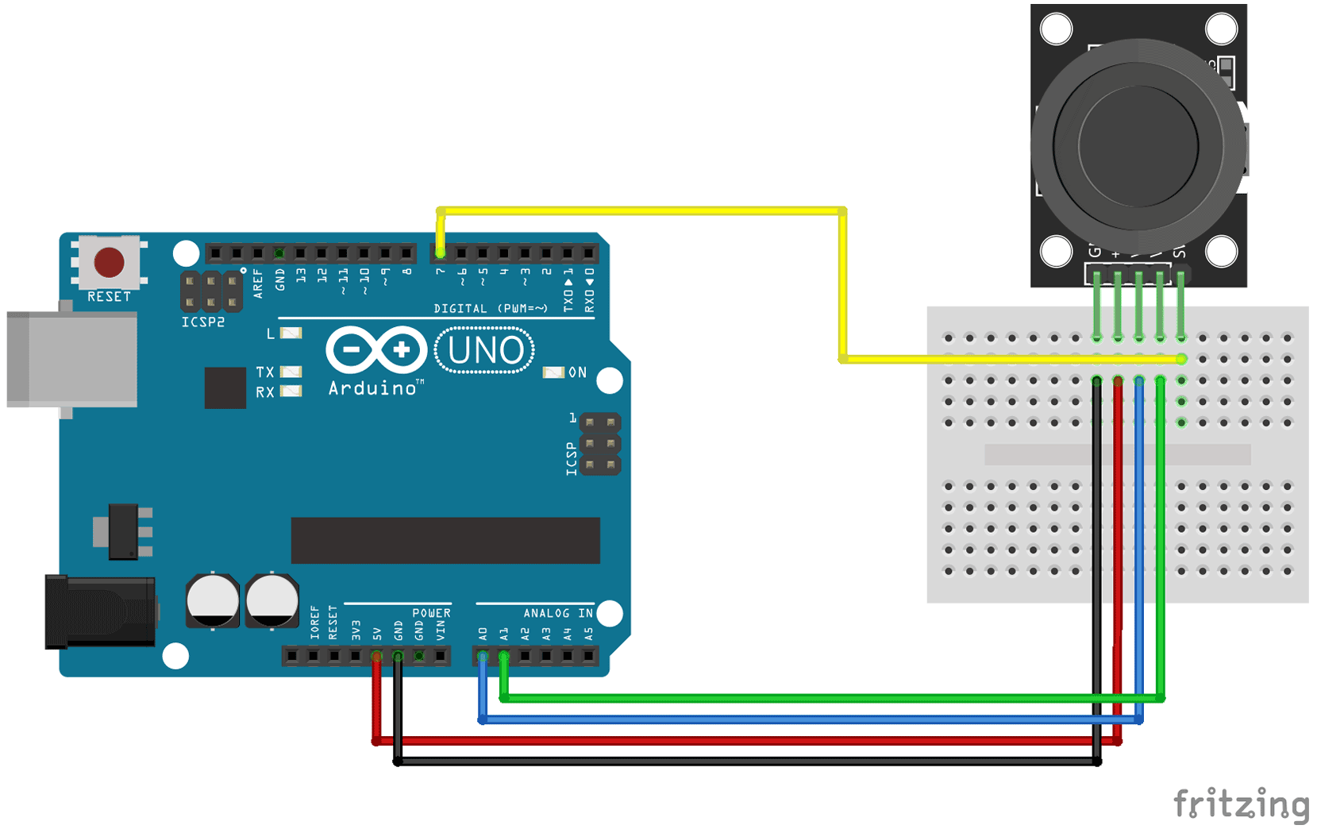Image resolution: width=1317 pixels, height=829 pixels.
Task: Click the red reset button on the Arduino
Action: (x=109, y=262)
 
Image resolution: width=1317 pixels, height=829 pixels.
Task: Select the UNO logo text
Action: (x=485, y=350)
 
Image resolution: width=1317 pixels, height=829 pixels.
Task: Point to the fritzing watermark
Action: (x=1241, y=804)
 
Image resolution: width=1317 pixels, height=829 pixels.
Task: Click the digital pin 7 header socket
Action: (x=441, y=253)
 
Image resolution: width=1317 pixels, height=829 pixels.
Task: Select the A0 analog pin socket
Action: (x=483, y=656)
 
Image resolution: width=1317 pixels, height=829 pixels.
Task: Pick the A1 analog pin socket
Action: (x=504, y=656)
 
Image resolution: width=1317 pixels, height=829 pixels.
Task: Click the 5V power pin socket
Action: (x=376, y=656)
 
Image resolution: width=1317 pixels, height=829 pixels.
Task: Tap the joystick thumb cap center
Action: (x=1138, y=146)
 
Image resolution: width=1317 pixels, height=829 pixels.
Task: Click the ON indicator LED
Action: (x=553, y=372)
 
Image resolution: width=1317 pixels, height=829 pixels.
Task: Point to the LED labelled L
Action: (x=291, y=334)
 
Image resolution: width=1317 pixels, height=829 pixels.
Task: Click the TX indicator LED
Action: (x=291, y=372)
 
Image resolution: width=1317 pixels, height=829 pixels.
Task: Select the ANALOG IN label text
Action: (x=557, y=613)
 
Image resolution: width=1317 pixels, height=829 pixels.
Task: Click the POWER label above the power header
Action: (x=431, y=613)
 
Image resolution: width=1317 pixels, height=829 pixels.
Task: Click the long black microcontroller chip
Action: (x=445, y=540)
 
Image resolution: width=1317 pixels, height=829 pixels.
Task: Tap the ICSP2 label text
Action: (x=203, y=322)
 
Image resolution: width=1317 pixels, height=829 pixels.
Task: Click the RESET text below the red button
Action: (x=109, y=296)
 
